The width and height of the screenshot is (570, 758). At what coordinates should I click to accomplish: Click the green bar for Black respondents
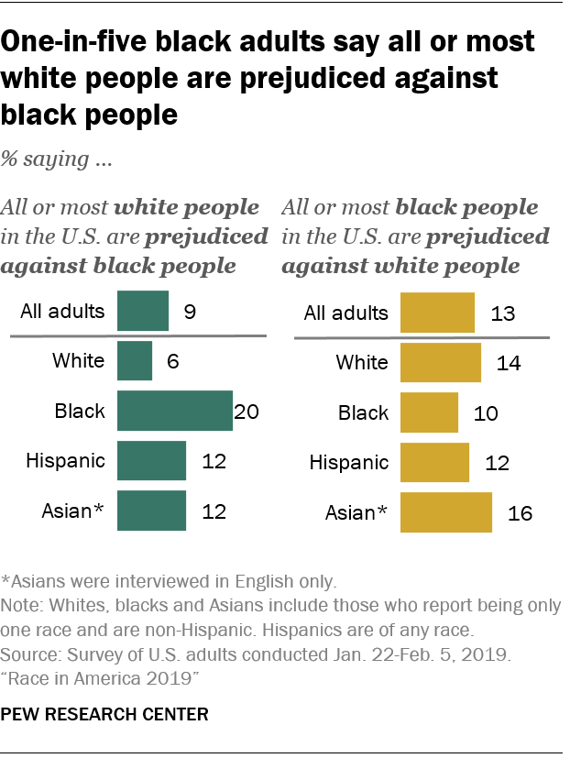[175, 411]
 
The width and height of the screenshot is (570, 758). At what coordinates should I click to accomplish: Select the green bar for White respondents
[135, 361]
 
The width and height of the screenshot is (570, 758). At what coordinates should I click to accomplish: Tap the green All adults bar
[143, 312]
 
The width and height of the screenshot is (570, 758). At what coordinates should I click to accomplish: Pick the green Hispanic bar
[151, 461]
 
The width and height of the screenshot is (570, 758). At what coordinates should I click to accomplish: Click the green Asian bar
[151, 511]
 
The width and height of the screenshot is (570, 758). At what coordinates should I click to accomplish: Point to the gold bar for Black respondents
[429, 412]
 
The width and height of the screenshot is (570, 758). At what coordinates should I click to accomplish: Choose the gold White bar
[441, 363]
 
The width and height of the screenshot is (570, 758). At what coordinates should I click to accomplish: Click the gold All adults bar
[437, 313]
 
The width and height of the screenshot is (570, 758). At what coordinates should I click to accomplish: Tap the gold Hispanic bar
[434, 462]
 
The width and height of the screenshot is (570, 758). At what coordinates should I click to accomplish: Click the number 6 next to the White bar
[171, 362]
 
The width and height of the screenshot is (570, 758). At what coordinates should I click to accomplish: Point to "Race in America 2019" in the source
[100, 676]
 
